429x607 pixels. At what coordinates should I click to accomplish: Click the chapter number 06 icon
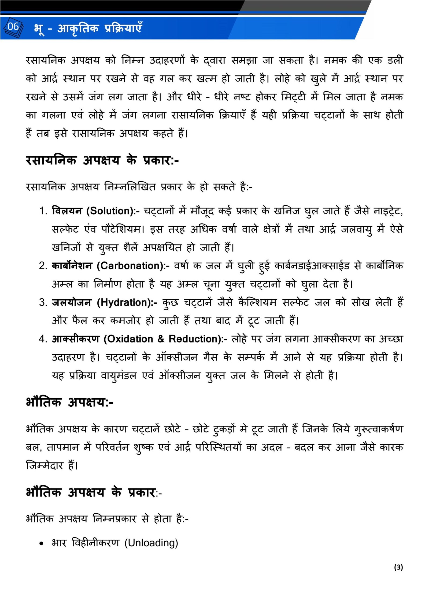pyautogui.click(x=13, y=27)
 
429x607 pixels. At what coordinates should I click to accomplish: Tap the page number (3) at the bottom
pyautogui.click(x=398, y=567)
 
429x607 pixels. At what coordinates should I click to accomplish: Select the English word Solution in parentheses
pyautogui.click(x=111, y=211)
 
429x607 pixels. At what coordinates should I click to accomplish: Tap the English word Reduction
pyautogui.click(x=195, y=339)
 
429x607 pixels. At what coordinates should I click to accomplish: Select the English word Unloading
pyautogui.click(x=151, y=543)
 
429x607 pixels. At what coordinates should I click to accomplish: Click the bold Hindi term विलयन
pyautogui.click(x=67, y=211)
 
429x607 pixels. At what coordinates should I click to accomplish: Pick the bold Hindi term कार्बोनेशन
pyautogui.click(x=72, y=266)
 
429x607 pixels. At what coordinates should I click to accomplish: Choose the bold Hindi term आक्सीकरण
pyautogui.click(x=76, y=339)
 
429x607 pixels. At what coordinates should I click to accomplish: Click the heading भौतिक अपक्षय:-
pyautogui.click(x=70, y=402)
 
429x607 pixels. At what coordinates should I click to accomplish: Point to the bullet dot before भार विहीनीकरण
pyautogui.click(x=41, y=544)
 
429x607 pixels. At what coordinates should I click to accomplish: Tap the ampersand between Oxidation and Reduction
pyautogui.click(x=161, y=339)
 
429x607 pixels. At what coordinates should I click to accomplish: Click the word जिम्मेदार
pyautogui.click(x=45, y=466)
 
